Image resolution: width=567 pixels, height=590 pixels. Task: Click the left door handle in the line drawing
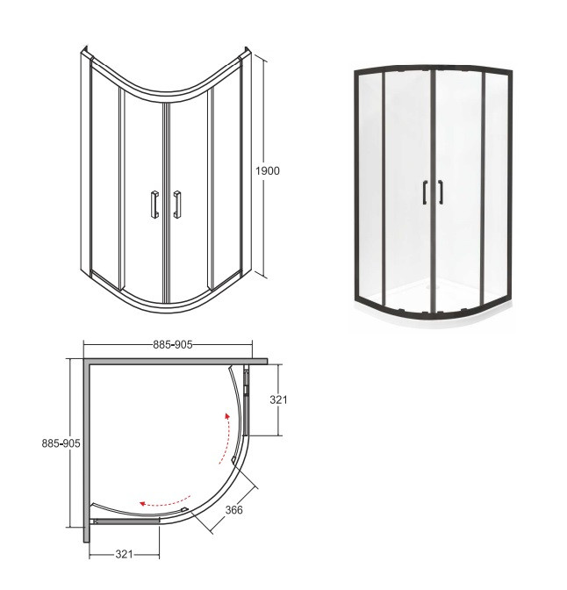coord(154,203)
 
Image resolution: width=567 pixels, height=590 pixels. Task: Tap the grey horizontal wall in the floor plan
coord(176,361)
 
